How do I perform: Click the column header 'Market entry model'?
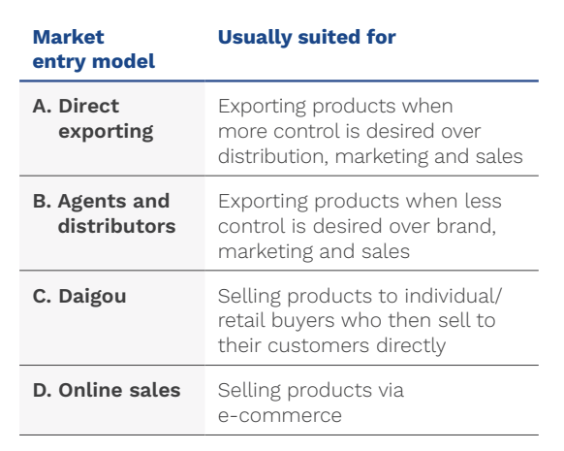click(x=93, y=49)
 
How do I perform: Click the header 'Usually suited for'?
click(x=306, y=37)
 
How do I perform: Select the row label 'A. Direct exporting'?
click(x=93, y=118)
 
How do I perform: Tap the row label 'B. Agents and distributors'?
click(x=101, y=213)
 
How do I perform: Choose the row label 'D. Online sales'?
click(x=107, y=390)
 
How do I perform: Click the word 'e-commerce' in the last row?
click(x=279, y=414)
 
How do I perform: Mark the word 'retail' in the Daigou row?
click(x=240, y=321)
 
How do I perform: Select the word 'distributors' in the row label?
click(x=116, y=226)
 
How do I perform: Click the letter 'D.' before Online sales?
click(x=44, y=390)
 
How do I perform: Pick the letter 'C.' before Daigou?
click(x=43, y=297)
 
